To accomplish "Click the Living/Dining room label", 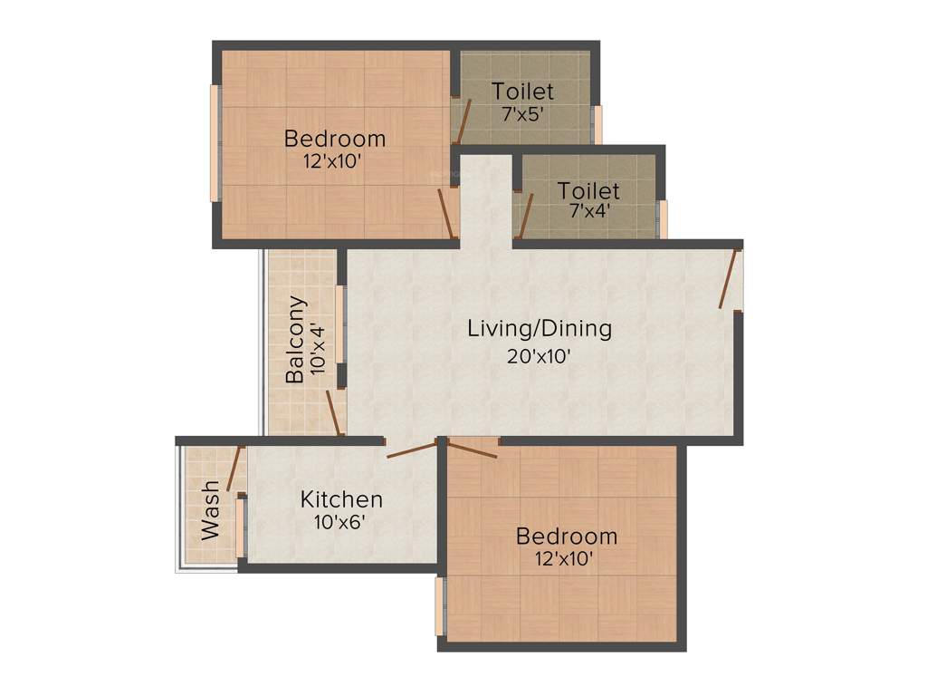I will pyautogui.click(x=539, y=328).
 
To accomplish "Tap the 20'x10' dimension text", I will pyautogui.click(x=539, y=356).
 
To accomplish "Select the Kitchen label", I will pyautogui.click(x=341, y=499).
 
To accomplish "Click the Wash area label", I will pyautogui.click(x=211, y=511).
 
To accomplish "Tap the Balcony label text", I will pyautogui.click(x=295, y=340).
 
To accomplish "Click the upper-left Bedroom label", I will pyautogui.click(x=335, y=139).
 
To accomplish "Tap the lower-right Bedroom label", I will pyautogui.click(x=567, y=536).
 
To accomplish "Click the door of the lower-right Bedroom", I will pyautogui.click(x=472, y=449).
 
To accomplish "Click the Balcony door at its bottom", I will pyautogui.click(x=333, y=412).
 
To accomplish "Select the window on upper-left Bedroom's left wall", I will pyautogui.click(x=215, y=142).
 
